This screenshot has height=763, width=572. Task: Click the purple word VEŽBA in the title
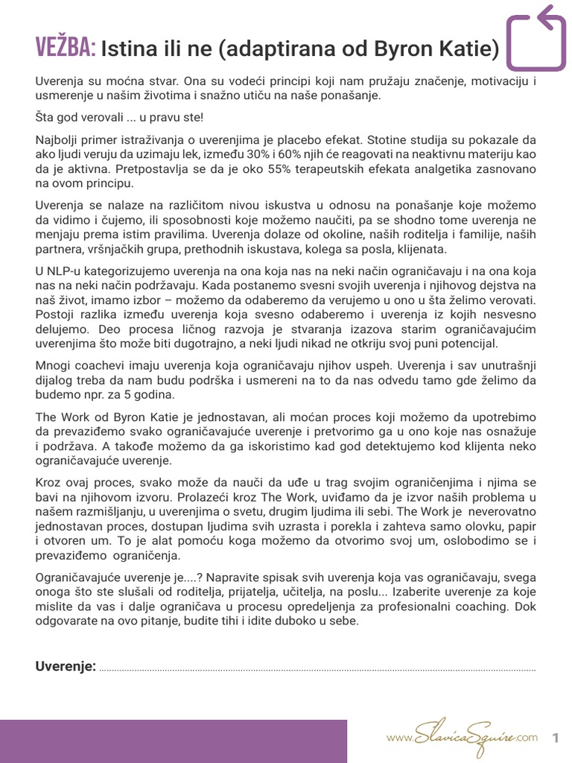tap(66, 49)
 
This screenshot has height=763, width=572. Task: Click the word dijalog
tap(54, 380)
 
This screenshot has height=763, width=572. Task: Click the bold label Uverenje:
tap(66, 666)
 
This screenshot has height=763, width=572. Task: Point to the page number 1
tap(555, 738)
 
